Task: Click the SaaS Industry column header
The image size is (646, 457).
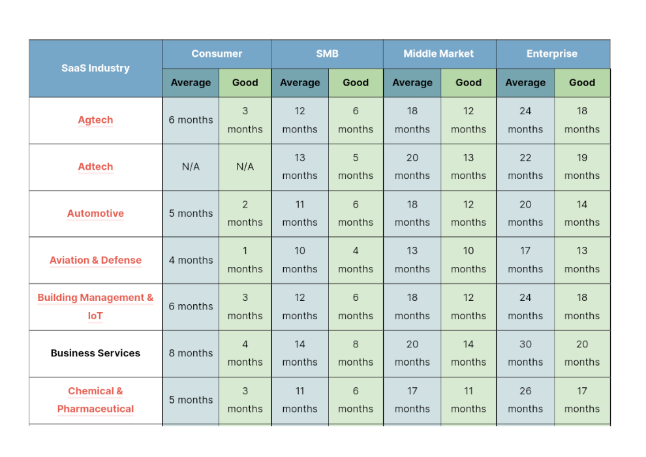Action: pos(95,68)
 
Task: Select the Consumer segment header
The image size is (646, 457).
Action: pos(217,54)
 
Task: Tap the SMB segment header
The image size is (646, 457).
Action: pos(327,54)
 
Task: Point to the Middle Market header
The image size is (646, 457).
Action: pos(438,54)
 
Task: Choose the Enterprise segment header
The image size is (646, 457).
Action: pos(552,54)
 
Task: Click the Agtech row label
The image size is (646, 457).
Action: pos(95,120)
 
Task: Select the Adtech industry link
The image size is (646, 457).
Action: pos(95,166)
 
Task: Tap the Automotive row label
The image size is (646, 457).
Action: pos(95,213)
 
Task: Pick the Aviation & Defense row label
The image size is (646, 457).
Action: pos(95,260)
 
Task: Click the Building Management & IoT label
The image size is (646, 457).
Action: pos(95,306)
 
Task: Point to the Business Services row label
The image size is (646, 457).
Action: pos(95,353)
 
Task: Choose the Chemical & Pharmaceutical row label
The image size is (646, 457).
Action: pos(95,400)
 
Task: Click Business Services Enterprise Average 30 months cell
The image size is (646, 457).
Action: pos(525,353)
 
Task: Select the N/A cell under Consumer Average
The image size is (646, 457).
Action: pos(191,166)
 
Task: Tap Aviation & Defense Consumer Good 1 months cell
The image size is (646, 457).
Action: pos(245,260)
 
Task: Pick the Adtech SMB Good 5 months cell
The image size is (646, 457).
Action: pos(356,166)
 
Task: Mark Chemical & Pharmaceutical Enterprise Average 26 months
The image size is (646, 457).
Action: pos(525,400)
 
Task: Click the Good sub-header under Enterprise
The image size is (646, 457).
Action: pos(582,83)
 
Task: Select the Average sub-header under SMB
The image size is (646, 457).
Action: pos(300,83)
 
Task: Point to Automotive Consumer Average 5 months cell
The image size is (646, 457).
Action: pos(191,213)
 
